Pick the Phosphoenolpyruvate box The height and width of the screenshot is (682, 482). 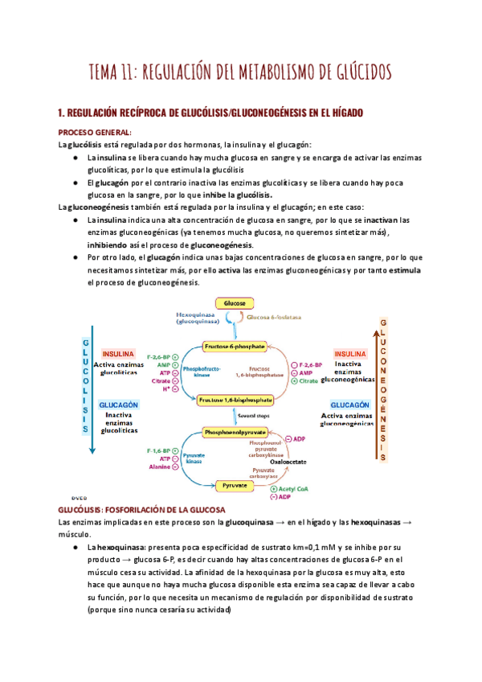[234, 433]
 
